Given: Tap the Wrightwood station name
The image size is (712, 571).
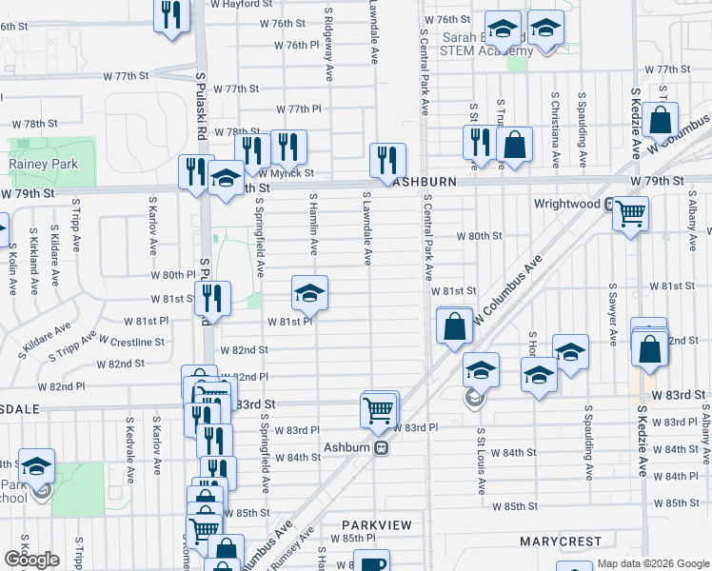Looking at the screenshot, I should click(566, 204).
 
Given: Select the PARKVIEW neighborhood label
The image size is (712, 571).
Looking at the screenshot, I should click(377, 524).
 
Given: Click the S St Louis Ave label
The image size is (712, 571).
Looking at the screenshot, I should click(482, 462).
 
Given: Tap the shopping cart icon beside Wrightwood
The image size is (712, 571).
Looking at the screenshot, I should click(630, 212).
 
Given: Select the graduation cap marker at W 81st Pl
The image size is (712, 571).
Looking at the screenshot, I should click(309, 293).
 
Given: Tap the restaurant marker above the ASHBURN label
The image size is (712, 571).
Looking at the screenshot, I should click(387, 158).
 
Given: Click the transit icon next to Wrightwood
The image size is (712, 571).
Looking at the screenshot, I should click(608, 204).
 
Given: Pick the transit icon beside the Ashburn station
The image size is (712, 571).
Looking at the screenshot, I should click(381, 447).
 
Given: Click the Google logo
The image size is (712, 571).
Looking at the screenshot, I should click(31, 560).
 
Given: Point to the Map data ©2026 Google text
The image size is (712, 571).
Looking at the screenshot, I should click(652, 563).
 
